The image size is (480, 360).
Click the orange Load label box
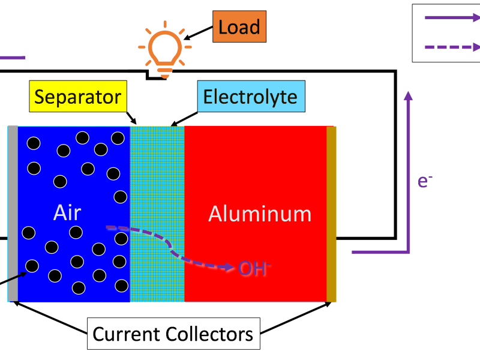point(239,28)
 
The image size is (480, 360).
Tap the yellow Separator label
point(78,97)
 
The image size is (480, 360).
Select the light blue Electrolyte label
point(250,97)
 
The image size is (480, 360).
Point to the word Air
point(67,213)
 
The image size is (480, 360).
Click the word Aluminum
point(260,214)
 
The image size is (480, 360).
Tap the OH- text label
point(253,268)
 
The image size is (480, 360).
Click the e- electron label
point(425,181)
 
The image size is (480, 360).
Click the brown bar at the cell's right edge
point(331,214)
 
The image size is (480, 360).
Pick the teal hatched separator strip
point(157,180)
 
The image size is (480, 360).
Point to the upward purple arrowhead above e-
point(408,95)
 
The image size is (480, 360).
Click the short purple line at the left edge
point(13,58)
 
